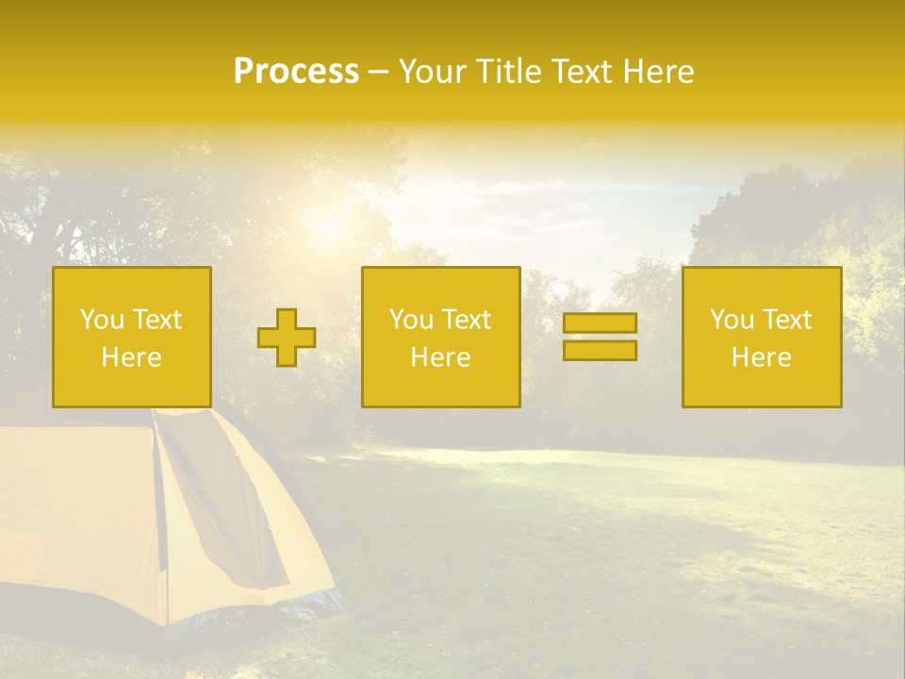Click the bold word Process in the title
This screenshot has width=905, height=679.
(x=296, y=72)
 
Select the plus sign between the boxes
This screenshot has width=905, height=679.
(x=287, y=337)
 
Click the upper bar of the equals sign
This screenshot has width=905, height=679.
(x=600, y=323)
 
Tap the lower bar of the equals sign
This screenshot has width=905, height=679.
(x=600, y=350)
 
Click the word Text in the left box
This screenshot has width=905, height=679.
(x=157, y=320)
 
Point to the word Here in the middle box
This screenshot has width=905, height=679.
(x=440, y=357)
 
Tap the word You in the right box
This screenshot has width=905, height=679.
(x=732, y=320)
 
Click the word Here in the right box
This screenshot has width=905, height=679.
(x=761, y=357)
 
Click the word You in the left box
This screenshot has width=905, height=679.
(x=102, y=320)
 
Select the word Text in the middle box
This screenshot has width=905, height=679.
(x=467, y=320)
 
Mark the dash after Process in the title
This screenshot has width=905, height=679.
(x=378, y=72)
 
